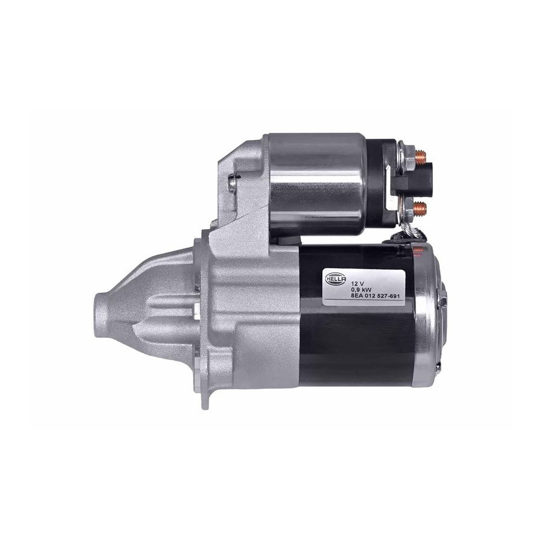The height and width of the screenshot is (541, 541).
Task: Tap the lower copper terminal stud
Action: click(421, 208)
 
